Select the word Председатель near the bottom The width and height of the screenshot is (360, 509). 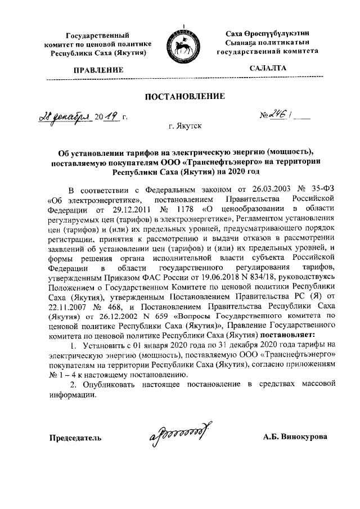pos(75,437)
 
